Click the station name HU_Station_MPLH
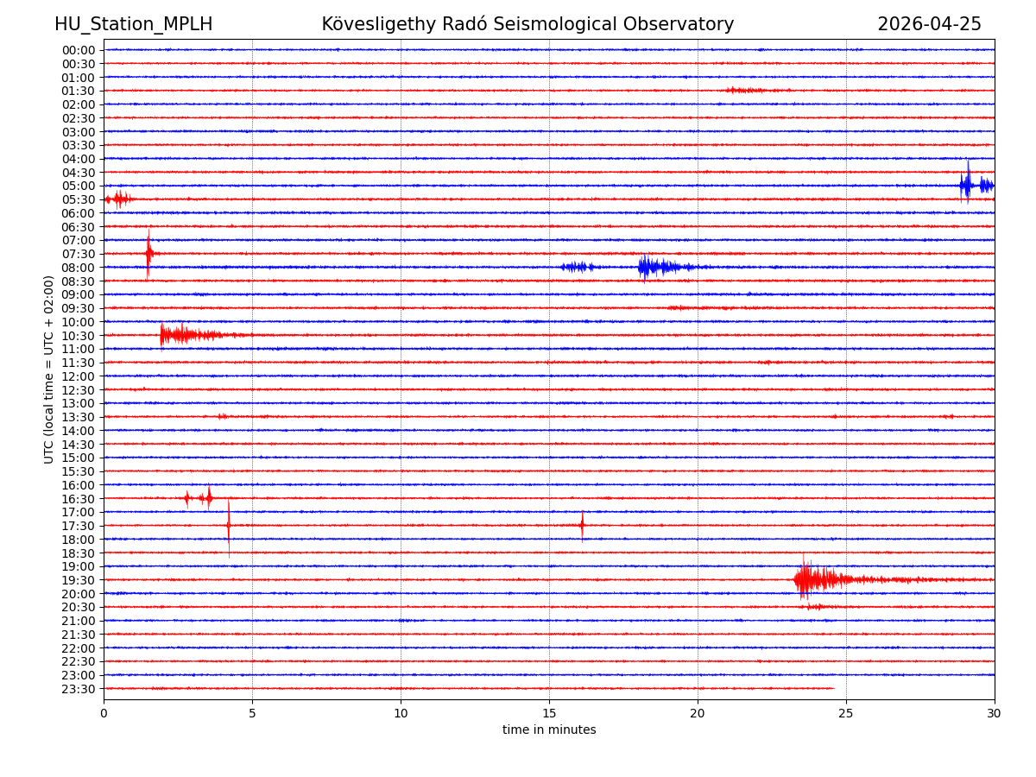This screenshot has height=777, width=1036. [x=133, y=24]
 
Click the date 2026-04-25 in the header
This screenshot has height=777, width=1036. [x=929, y=24]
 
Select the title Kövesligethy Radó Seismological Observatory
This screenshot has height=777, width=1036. [x=527, y=24]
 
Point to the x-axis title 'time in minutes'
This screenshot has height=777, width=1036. [x=549, y=730]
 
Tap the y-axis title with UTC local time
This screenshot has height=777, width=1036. [x=49, y=369]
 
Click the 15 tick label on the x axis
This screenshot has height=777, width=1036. [x=549, y=714]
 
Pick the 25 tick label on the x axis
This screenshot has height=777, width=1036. [x=846, y=714]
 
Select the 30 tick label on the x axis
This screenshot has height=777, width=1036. [x=995, y=714]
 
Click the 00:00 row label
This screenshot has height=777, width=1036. [x=79, y=50]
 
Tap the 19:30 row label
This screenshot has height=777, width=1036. [x=79, y=580]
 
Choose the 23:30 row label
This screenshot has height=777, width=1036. [x=79, y=689]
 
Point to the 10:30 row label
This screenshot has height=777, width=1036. [x=79, y=336]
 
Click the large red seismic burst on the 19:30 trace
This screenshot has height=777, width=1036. [x=812, y=579]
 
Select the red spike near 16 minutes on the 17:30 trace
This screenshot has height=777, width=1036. [x=582, y=525]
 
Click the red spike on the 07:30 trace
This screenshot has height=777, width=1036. [x=148, y=253]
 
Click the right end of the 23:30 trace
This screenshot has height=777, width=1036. [x=833, y=688]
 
